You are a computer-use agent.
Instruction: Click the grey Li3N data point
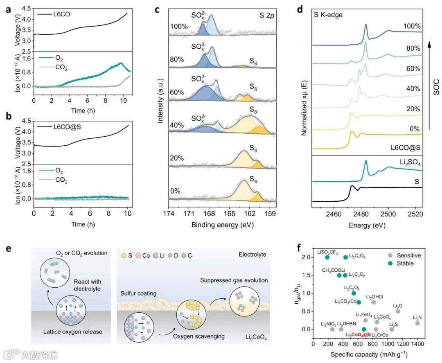coord(417,323)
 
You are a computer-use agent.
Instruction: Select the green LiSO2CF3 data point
coord(327,257)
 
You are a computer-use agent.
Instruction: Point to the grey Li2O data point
coord(398,311)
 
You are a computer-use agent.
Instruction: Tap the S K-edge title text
coord(328,15)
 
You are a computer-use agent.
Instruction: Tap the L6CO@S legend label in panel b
coord(63,127)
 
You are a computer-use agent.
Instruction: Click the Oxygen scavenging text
coord(203,336)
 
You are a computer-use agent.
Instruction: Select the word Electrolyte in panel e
coord(252,255)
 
